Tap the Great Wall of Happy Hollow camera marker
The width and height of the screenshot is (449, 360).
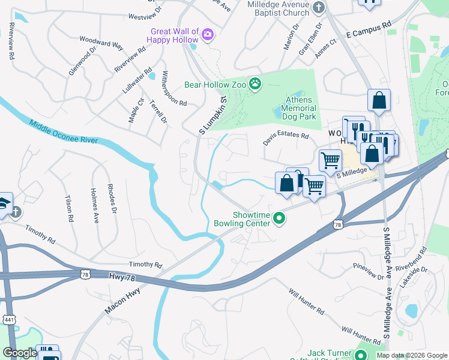pos(208,34)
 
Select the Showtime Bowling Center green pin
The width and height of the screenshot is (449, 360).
pos(279,219)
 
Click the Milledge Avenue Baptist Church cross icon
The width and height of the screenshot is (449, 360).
pos(319,8)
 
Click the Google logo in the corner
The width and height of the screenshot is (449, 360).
pos(20,353)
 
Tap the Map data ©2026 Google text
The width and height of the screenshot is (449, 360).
pos(411,355)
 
